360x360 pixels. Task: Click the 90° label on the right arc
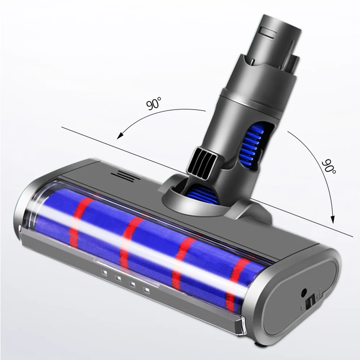pyautogui.click(x=328, y=166)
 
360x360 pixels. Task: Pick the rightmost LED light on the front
pyautogui.click(x=146, y=289)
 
